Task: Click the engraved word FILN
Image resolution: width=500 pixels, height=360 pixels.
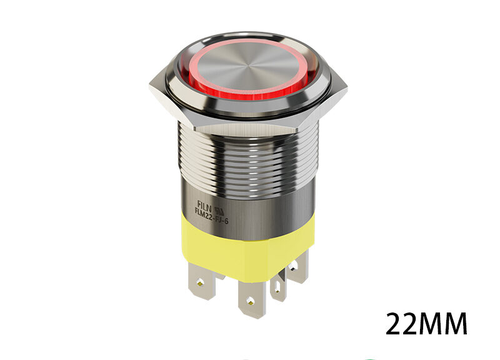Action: coord(205,204)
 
